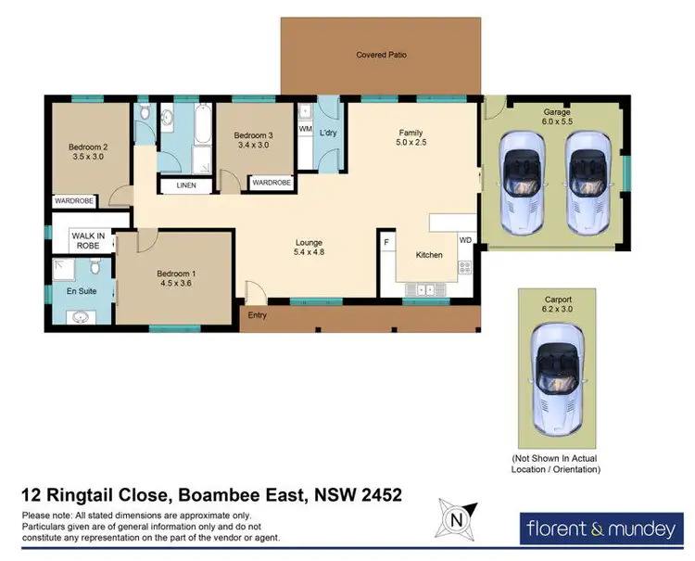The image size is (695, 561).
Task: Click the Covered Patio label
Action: click(x=381, y=55)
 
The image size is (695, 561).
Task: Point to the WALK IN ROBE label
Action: click(x=89, y=241)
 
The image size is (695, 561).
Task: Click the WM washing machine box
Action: click(x=305, y=130)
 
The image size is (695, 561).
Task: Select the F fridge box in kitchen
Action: click(x=386, y=243)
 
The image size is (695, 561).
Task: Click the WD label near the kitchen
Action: click(x=465, y=241)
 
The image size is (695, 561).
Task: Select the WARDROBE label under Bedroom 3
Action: click(x=272, y=183)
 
